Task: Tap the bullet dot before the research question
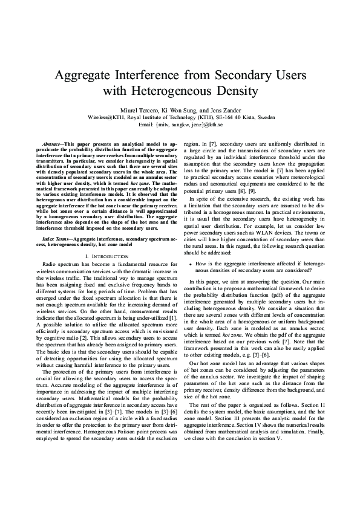coord(191,264)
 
